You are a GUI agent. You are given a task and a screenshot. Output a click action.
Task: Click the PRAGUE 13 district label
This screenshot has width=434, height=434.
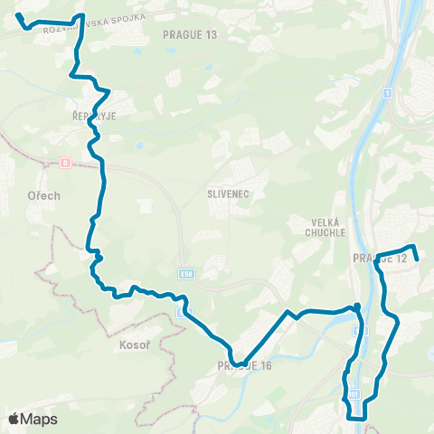point(190,34)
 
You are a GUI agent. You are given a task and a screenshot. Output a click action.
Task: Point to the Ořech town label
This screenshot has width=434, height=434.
point(43,195)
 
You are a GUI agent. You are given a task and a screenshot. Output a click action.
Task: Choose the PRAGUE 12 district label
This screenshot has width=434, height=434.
point(381,259)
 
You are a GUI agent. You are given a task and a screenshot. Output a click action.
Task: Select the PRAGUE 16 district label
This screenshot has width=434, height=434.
point(244,365)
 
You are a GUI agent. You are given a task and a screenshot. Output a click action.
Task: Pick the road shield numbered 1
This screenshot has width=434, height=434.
point(386,92)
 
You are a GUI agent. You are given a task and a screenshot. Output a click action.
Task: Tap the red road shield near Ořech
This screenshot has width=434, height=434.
point(65,164)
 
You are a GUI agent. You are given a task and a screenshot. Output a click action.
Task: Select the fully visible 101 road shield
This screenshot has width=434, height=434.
point(354,395)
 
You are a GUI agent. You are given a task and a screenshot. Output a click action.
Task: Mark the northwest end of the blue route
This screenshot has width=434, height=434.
point(19,15)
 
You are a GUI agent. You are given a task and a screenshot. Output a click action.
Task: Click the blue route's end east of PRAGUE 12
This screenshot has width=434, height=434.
point(416,260)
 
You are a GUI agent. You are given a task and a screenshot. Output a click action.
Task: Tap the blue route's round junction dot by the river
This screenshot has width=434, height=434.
point(357,307)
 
